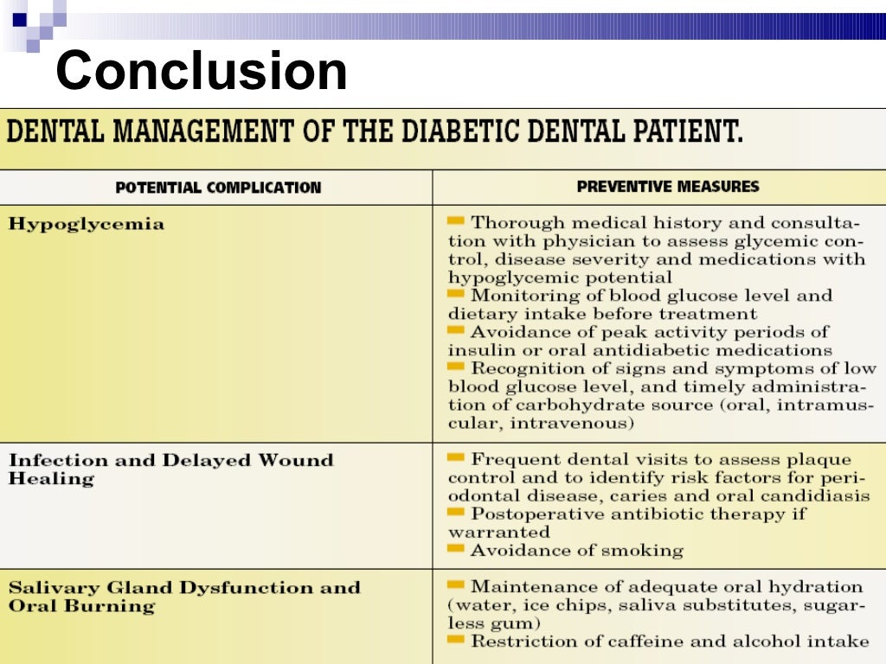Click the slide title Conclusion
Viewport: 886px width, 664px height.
click(x=202, y=71)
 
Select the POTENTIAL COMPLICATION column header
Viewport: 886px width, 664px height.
click(x=218, y=188)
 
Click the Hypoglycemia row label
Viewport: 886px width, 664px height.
click(x=87, y=224)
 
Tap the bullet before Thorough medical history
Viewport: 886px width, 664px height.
click(x=456, y=221)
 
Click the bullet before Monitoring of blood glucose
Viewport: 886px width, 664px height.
click(x=456, y=294)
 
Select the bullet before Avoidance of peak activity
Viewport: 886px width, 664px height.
click(x=456, y=330)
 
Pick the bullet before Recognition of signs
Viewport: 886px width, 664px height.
click(x=456, y=367)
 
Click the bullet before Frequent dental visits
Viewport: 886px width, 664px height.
click(x=456, y=458)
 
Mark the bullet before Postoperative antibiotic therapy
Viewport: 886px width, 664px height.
click(x=456, y=513)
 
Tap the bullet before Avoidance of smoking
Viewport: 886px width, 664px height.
click(x=456, y=549)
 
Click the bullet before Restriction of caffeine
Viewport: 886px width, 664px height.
click(x=456, y=640)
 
